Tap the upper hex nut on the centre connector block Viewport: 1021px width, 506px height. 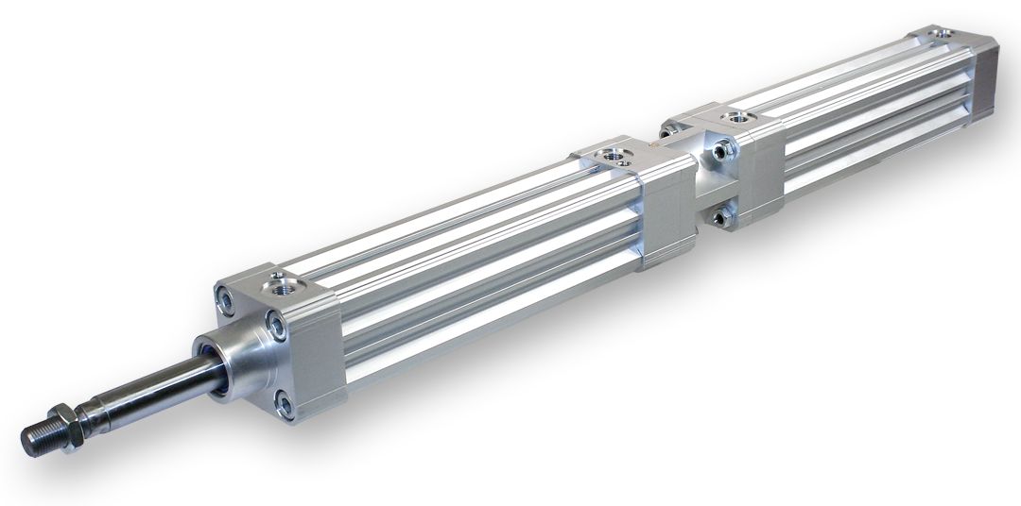click(x=723, y=148)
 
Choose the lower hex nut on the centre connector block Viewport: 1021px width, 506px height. click(x=722, y=218)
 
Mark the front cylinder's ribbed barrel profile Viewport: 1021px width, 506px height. click(x=473, y=255)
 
